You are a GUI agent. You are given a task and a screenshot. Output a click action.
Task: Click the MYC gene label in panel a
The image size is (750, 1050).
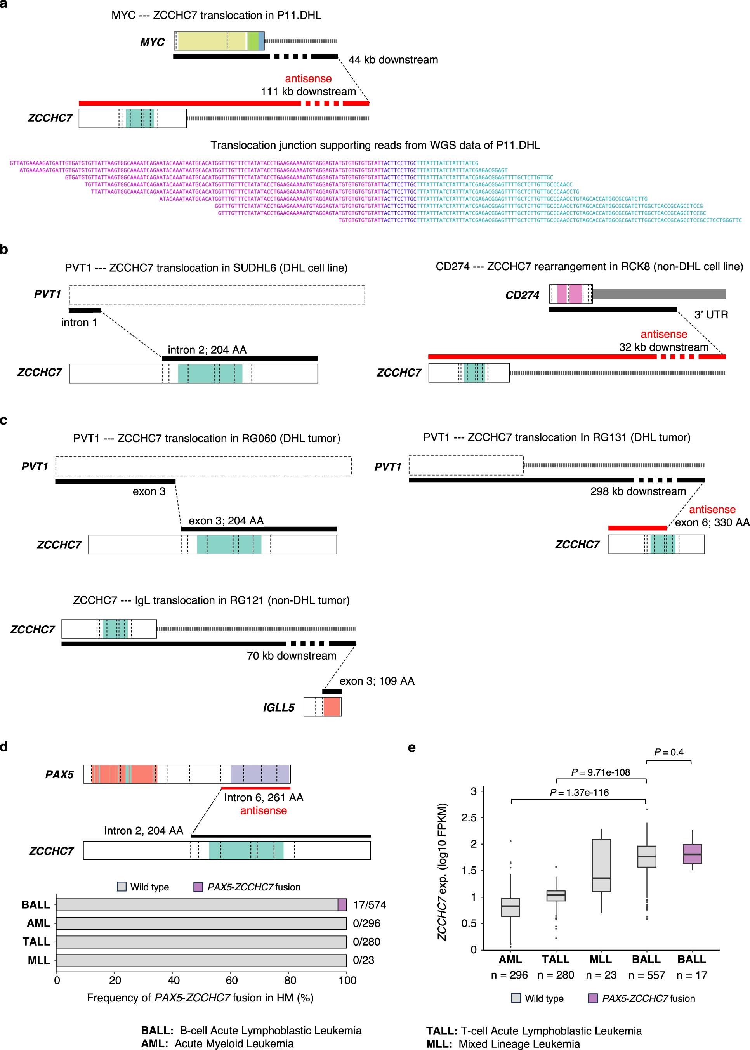[153, 42]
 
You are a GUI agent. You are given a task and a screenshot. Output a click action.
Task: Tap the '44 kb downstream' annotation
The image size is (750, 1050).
[393, 59]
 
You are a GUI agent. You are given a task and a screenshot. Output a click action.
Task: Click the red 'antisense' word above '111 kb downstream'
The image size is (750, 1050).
[308, 78]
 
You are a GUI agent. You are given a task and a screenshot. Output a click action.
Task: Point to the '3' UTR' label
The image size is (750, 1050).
[711, 314]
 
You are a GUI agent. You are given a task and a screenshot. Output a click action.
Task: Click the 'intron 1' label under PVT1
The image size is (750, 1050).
[80, 322]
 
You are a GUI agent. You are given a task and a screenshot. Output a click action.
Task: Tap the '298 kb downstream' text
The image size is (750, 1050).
[638, 491]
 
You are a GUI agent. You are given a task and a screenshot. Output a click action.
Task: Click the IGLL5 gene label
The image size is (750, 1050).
[278, 707]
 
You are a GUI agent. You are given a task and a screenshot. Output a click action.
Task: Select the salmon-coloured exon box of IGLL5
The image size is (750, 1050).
[332, 707]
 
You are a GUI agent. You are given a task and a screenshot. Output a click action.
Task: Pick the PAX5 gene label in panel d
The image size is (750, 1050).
[59, 774]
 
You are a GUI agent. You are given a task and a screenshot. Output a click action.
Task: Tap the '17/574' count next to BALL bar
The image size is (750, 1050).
[370, 904]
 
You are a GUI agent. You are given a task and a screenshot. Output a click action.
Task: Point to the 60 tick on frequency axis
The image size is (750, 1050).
[232, 980]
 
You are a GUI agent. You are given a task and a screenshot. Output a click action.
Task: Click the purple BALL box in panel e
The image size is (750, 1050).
[692, 854]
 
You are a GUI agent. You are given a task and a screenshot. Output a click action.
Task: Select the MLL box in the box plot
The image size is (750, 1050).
[601, 865]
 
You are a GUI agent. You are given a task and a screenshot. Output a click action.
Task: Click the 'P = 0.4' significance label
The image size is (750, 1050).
[669, 752]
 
